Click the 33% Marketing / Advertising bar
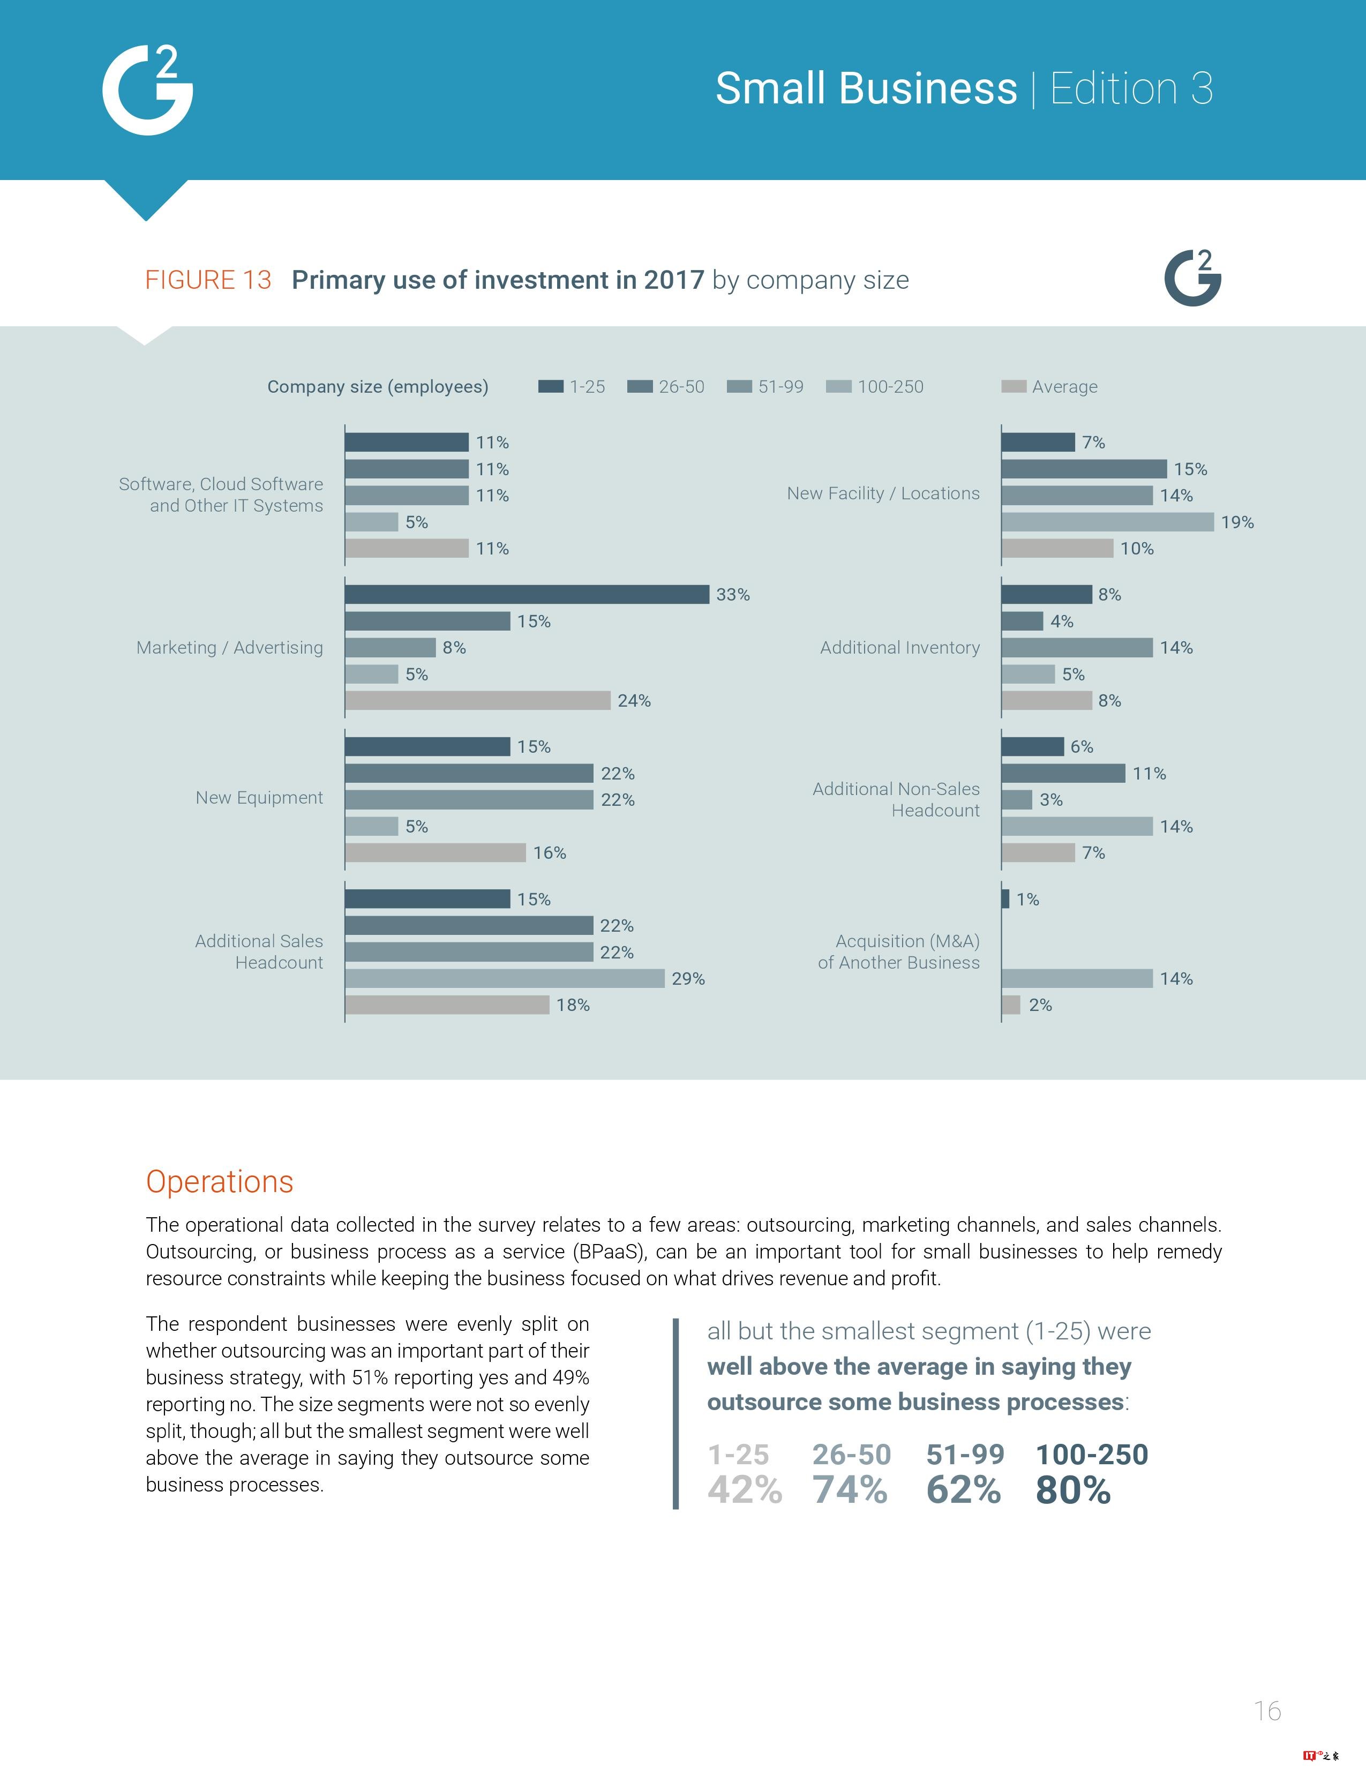(x=527, y=594)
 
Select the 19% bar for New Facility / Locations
(x=1107, y=522)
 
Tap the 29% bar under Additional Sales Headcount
(x=504, y=979)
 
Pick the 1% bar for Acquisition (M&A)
(x=1005, y=898)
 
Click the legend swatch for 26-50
(x=639, y=387)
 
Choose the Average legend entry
(x=1049, y=387)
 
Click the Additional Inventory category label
(x=899, y=648)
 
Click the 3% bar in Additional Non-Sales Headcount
(x=1016, y=800)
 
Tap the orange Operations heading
(x=219, y=1182)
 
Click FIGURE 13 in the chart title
(x=208, y=280)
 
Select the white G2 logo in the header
(x=148, y=91)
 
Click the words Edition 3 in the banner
(x=1131, y=88)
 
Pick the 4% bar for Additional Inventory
(x=1022, y=621)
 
